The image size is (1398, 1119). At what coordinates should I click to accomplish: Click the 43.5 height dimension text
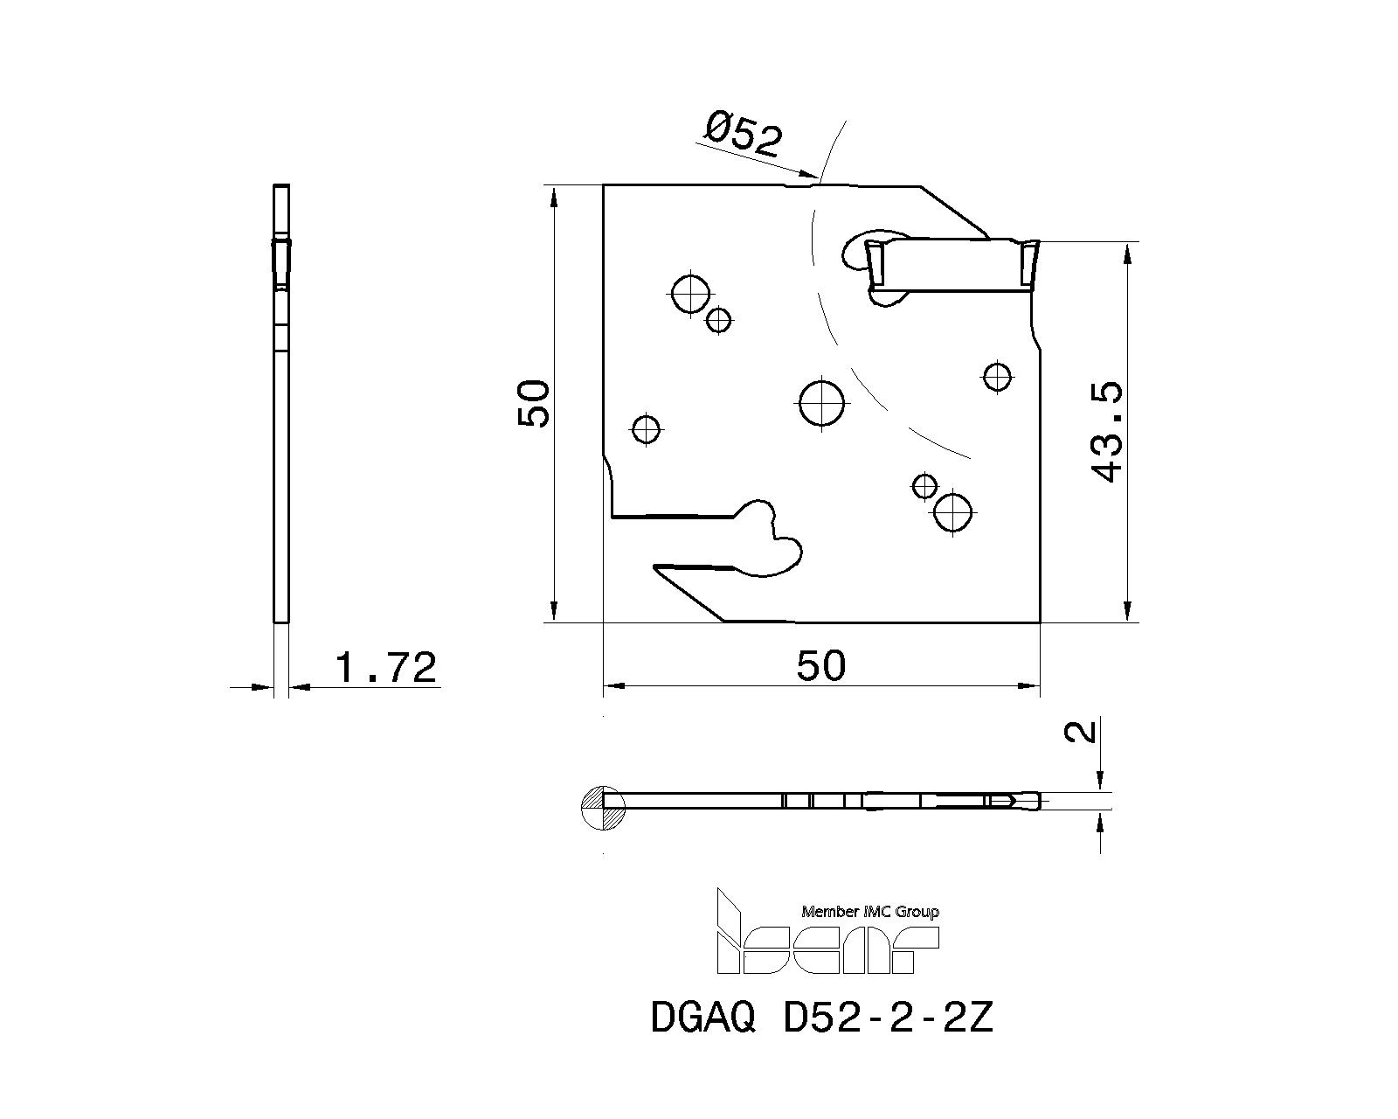pyautogui.click(x=1107, y=431)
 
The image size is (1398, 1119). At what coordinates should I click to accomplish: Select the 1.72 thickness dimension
pyautogui.click(x=385, y=669)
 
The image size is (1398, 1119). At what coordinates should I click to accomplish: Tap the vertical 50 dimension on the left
pyautogui.click(x=534, y=404)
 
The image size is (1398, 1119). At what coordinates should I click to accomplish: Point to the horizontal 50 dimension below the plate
pyautogui.click(x=821, y=666)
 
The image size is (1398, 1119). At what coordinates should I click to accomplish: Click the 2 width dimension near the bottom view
pyautogui.click(x=1083, y=730)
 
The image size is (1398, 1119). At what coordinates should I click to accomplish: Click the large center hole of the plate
pyautogui.click(x=822, y=402)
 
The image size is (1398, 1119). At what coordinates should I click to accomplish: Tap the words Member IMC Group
pyautogui.click(x=869, y=912)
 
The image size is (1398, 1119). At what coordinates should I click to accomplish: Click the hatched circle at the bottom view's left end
pyautogui.click(x=603, y=807)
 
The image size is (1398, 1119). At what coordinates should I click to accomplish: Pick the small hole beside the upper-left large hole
pyautogui.click(x=718, y=321)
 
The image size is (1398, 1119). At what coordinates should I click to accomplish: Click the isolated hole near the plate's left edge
pyautogui.click(x=646, y=429)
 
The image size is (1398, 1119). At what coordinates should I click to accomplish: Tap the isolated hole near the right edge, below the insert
pyautogui.click(x=997, y=377)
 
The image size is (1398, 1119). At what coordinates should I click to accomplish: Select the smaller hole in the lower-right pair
pyautogui.click(x=924, y=485)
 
